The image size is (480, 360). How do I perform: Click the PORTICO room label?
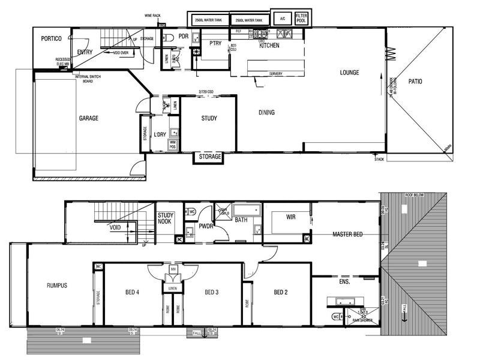pyautogui.click(x=52, y=38)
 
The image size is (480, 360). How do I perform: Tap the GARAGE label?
pyautogui.click(x=88, y=118)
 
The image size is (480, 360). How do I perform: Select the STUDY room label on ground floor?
pyautogui.click(x=209, y=118)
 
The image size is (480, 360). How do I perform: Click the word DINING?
pyautogui.click(x=267, y=113)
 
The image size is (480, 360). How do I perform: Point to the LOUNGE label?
pyautogui.click(x=349, y=73)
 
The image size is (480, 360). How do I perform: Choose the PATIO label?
pyautogui.click(x=415, y=82)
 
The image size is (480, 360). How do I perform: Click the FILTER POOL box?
pyautogui.click(x=301, y=17)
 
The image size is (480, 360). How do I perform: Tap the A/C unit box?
pyautogui.click(x=281, y=18)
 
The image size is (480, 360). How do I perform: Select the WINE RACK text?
pyautogui.click(x=153, y=15)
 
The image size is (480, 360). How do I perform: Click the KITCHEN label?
pyautogui.click(x=269, y=46)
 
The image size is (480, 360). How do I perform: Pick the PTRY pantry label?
pyautogui.click(x=215, y=43)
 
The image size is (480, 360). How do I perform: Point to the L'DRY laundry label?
pyautogui.click(x=160, y=134)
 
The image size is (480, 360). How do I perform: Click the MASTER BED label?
pyautogui.click(x=349, y=235)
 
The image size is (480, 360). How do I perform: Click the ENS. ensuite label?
pyautogui.click(x=344, y=280)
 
